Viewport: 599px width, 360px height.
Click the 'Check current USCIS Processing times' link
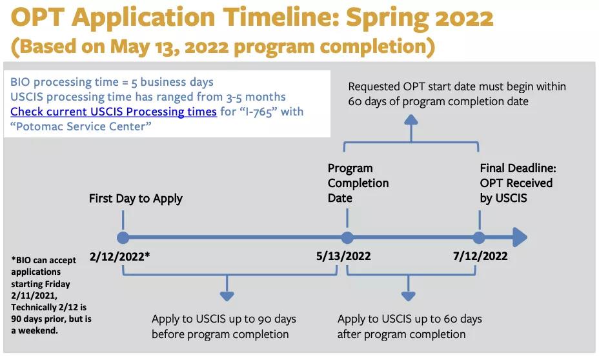(114, 112)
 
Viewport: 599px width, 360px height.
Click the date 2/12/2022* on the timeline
(119, 256)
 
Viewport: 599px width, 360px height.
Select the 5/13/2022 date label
(343, 255)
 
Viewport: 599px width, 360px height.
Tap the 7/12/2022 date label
(480, 255)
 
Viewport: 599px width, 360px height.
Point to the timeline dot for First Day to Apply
(123, 237)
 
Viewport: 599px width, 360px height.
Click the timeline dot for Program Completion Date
(347, 237)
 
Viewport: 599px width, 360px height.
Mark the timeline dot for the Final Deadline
(479, 237)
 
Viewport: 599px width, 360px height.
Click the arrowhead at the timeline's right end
(520, 237)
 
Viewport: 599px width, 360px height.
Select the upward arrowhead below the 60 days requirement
(411, 119)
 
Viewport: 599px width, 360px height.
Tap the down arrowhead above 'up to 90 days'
(227, 296)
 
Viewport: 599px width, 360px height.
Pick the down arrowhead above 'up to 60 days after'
(409, 296)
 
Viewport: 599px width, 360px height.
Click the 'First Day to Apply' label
(136, 199)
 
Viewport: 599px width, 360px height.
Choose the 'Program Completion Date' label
(358, 183)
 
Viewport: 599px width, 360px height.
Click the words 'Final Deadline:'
(518, 168)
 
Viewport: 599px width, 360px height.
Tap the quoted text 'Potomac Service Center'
(81, 126)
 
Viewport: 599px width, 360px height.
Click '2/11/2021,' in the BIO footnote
(34, 295)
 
